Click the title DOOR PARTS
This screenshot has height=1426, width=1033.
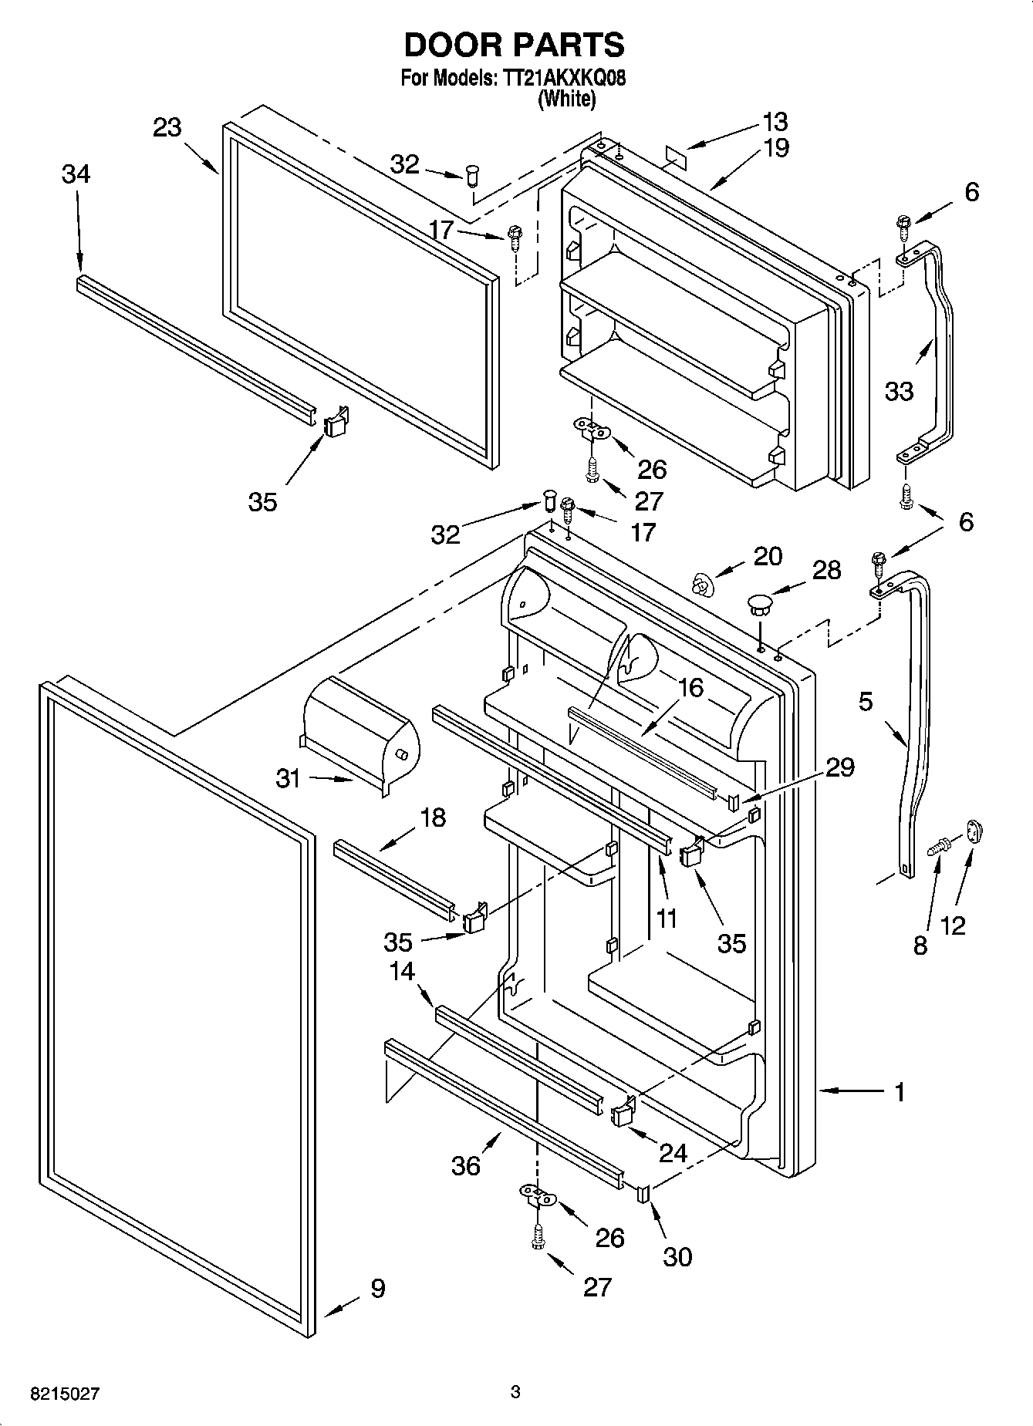[x=515, y=45]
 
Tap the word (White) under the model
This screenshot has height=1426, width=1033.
[x=566, y=99]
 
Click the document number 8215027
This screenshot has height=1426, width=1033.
[x=66, y=1394]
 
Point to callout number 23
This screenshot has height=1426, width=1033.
[x=167, y=127]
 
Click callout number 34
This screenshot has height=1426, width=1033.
[x=76, y=174]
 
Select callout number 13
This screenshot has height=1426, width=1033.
[x=775, y=122]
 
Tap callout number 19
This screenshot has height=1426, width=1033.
[x=775, y=147]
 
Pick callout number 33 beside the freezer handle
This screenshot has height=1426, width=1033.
[x=899, y=391]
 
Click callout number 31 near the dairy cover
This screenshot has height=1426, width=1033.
[x=289, y=779]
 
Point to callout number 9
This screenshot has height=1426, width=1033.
[x=377, y=1288]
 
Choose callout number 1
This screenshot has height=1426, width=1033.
[x=899, y=1091]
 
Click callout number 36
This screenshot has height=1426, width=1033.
[x=466, y=1165]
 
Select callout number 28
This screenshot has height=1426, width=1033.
[x=826, y=571]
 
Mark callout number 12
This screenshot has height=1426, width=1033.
[x=954, y=925]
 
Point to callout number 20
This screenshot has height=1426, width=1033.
[x=767, y=556]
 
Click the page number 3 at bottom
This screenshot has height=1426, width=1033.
[x=515, y=1392]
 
